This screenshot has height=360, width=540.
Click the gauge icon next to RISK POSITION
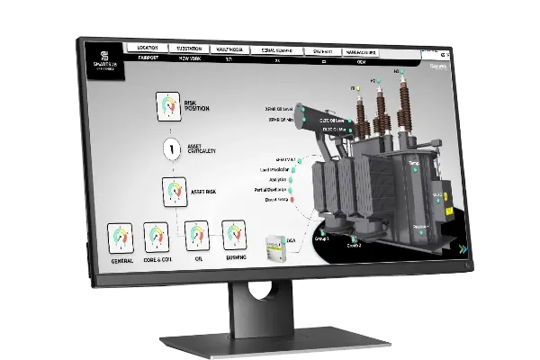(x=168, y=106)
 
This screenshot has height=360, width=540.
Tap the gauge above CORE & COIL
(x=157, y=238)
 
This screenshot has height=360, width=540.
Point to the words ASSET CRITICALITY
(x=206, y=150)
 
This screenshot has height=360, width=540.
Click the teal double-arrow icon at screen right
(x=462, y=249)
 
